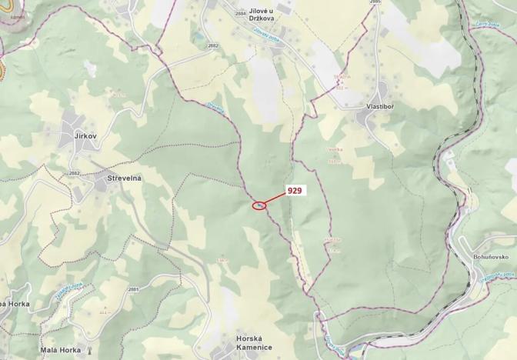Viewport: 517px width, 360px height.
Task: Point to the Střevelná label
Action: (x=119, y=178)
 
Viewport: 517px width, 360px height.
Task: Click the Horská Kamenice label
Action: (x=254, y=342)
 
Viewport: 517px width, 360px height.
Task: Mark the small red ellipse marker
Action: (x=260, y=205)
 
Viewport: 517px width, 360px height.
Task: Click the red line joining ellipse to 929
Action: (x=275, y=198)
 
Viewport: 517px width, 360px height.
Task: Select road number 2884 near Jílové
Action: (x=241, y=14)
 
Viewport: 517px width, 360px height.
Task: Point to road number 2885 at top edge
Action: (x=375, y=3)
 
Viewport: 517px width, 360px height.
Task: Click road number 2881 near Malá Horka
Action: (x=133, y=289)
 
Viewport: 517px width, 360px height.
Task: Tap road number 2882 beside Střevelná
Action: (x=74, y=173)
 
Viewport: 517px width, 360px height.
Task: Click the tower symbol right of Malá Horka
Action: (x=90, y=350)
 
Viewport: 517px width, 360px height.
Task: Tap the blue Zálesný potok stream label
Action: (x=265, y=32)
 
